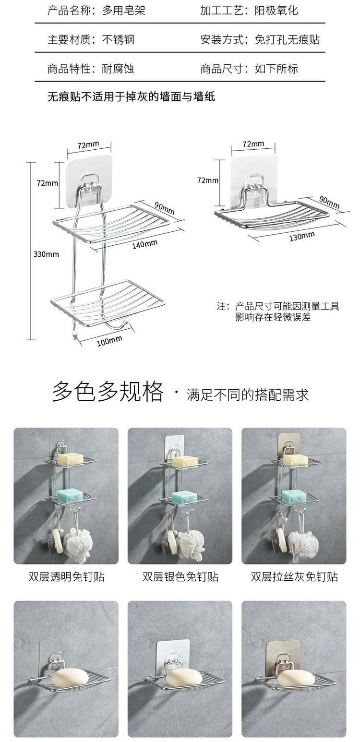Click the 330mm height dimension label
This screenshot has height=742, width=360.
click(x=46, y=254)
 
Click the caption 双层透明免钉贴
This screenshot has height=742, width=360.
click(x=66, y=576)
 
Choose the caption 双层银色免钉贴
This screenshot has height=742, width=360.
click(x=180, y=576)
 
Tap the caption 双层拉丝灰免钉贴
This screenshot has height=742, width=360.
click(x=294, y=576)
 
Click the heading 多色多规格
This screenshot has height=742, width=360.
click(x=108, y=392)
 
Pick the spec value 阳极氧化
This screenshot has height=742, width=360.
click(x=276, y=11)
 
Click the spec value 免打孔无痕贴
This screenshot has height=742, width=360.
click(x=287, y=40)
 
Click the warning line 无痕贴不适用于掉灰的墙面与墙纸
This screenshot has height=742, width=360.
click(x=131, y=97)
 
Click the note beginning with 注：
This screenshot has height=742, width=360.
click(x=278, y=311)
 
